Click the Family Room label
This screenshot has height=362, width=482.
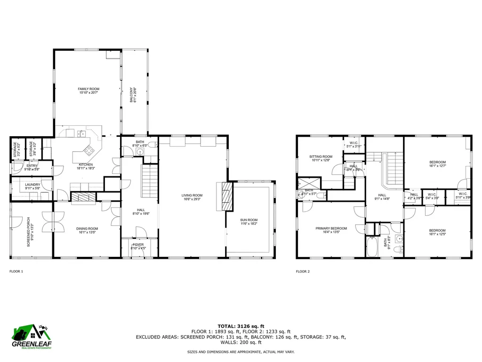(x=88, y=90)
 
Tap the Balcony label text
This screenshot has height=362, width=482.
(x=133, y=95)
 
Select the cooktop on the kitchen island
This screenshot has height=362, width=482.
(x=88, y=151)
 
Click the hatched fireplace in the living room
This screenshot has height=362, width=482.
(x=227, y=197)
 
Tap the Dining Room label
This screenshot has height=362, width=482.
(x=86, y=230)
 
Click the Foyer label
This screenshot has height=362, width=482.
(x=138, y=246)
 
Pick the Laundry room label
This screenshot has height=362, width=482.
(x=32, y=186)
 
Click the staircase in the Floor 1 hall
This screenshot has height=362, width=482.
(x=149, y=181)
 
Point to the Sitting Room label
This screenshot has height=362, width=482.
(x=321, y=158)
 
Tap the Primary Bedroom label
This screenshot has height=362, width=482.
(x=331, y=230)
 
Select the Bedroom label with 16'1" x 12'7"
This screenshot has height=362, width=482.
(x=437, y=164)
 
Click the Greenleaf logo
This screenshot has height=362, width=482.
(x=32, y=337)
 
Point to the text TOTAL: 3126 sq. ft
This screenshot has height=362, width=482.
(x=241, y=326)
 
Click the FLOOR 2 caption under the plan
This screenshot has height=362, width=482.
(x=303, y=271)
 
